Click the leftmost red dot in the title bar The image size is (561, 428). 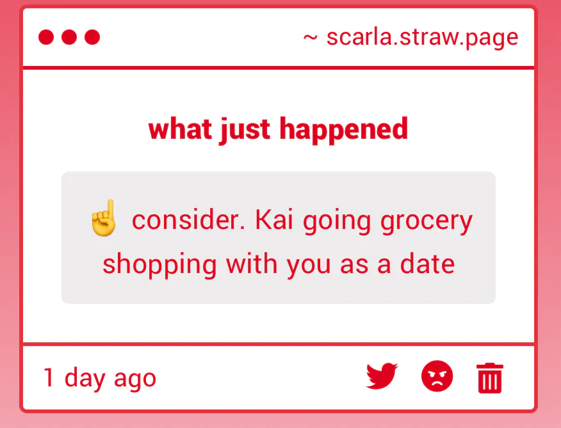point(46,37)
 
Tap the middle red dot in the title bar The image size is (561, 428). point(69,37)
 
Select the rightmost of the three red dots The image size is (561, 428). point(92,37)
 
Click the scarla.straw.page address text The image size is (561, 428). point(422,38)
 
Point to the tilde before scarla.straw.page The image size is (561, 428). point(310,38)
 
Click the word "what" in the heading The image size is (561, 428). point(179,129)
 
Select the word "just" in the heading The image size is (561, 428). point(245,130)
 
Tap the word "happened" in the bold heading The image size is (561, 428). point(343,130)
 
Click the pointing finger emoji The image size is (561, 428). point(104,218)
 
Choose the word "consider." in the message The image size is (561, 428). point(188,220)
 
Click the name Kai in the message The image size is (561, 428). point(274,220)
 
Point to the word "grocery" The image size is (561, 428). point(427,223)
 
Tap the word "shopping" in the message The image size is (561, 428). point(159,266)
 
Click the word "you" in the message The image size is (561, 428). point(309,266)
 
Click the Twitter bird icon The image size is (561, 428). point(382,376)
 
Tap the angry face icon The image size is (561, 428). point(437,376)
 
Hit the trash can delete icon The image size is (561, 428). point(490,378)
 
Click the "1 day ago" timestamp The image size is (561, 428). point(100,378)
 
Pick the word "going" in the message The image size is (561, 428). point(337,223)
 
